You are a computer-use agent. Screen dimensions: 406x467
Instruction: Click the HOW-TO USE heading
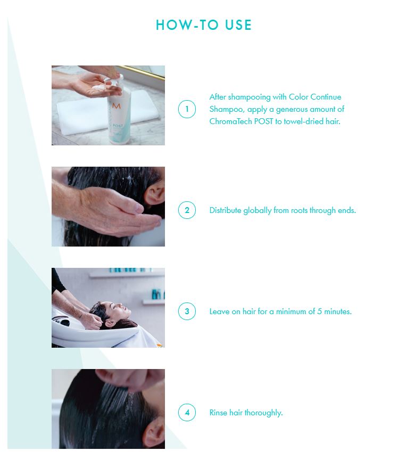click(204, 25)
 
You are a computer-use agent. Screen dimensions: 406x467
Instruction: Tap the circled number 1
click(187, 109)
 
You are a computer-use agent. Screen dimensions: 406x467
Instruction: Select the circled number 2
click(187, 210)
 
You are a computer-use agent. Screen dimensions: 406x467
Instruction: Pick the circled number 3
click(187, 311)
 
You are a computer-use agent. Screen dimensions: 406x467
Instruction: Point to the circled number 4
click(187, 413)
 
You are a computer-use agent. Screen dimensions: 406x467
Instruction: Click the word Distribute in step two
click(225, 210)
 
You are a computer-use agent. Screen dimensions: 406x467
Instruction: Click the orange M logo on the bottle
click(117, 106)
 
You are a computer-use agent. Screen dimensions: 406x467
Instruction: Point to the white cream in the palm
click(98, 87)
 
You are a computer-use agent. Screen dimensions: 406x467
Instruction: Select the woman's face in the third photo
click(121, 310)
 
